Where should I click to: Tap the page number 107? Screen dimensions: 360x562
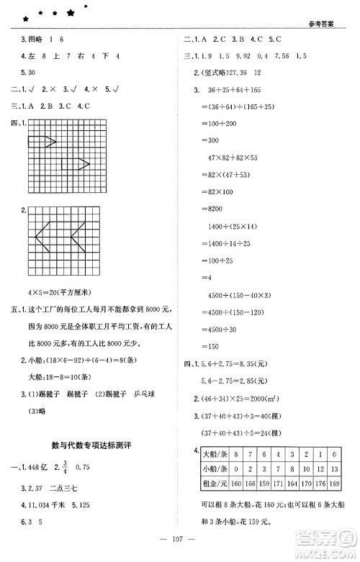(x=179, y=542)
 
